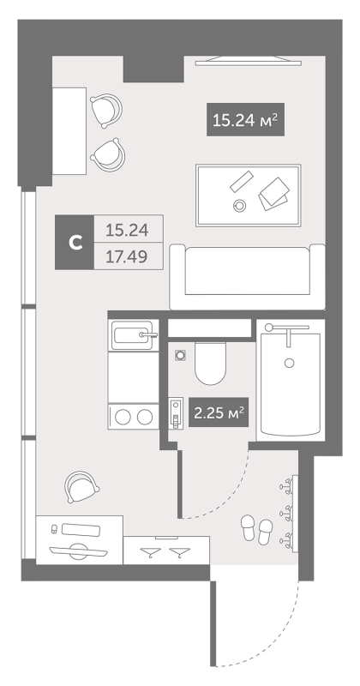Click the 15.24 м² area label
245,119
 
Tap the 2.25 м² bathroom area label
219,412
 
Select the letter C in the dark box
76,242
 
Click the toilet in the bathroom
210,364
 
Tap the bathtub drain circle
289,362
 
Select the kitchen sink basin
133,335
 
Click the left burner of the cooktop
123,417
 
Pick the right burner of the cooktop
144,417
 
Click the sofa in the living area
247,276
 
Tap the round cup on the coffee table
239,205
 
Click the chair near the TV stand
81,486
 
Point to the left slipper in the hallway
248,527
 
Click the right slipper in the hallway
265,532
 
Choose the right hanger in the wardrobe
178,552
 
